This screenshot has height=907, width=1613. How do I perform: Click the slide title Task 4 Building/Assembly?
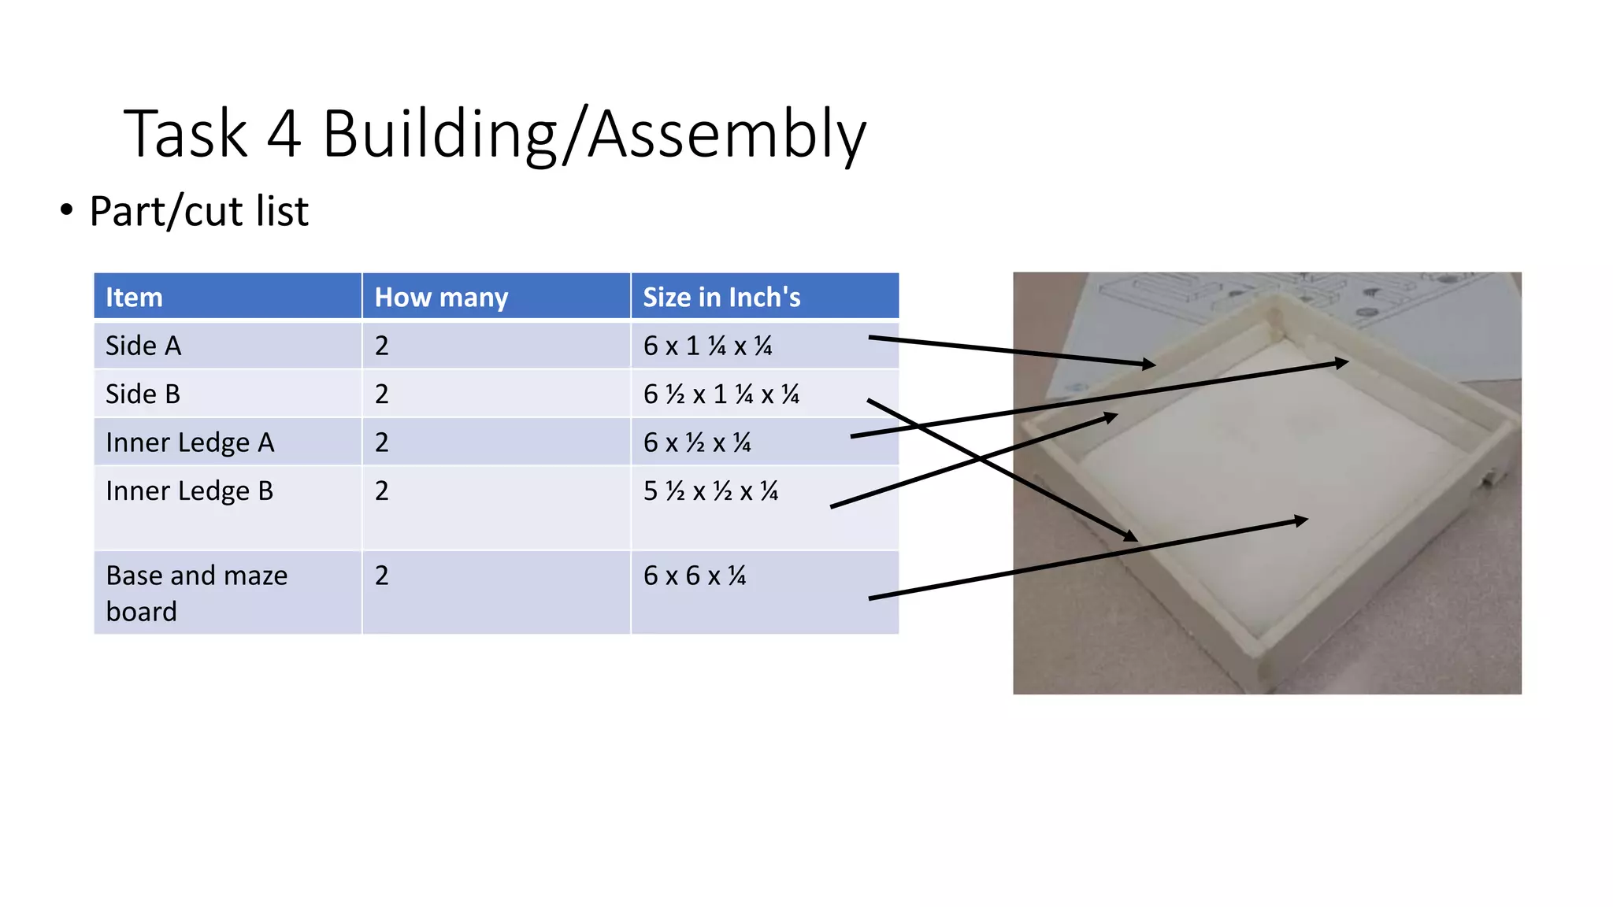(x=495, y=134)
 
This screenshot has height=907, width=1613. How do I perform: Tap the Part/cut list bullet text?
(x=198, y=211)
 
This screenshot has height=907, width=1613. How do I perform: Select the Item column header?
(x=134, y=297)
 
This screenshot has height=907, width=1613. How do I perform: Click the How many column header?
(x=441, y=297)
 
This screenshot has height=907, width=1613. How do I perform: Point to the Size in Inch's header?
(x=721, y=297)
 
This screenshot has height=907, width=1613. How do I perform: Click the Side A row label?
(x=143, y=346)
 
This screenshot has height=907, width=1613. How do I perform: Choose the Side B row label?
(x=143, y=394)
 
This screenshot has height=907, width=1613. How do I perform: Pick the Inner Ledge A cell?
(x=190, y=442)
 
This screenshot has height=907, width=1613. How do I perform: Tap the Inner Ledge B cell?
(x=189, y=491)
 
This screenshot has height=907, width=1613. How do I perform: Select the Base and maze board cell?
(x=196, y=593)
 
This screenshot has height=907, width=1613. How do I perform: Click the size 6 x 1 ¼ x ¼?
(x=707, y=346)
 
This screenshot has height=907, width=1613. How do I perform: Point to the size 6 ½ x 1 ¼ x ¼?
(x=721, y=394)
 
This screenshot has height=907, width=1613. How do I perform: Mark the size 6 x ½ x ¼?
(x=697, y=442)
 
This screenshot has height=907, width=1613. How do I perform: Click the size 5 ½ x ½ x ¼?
(x=710, y=491)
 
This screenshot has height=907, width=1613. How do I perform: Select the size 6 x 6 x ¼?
(x=694, y=576)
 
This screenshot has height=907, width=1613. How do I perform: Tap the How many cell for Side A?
(x=382, y=346)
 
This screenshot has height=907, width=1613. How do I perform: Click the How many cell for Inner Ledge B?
(x=382, y=491)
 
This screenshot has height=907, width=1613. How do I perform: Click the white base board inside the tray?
(x=1260, y=488)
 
